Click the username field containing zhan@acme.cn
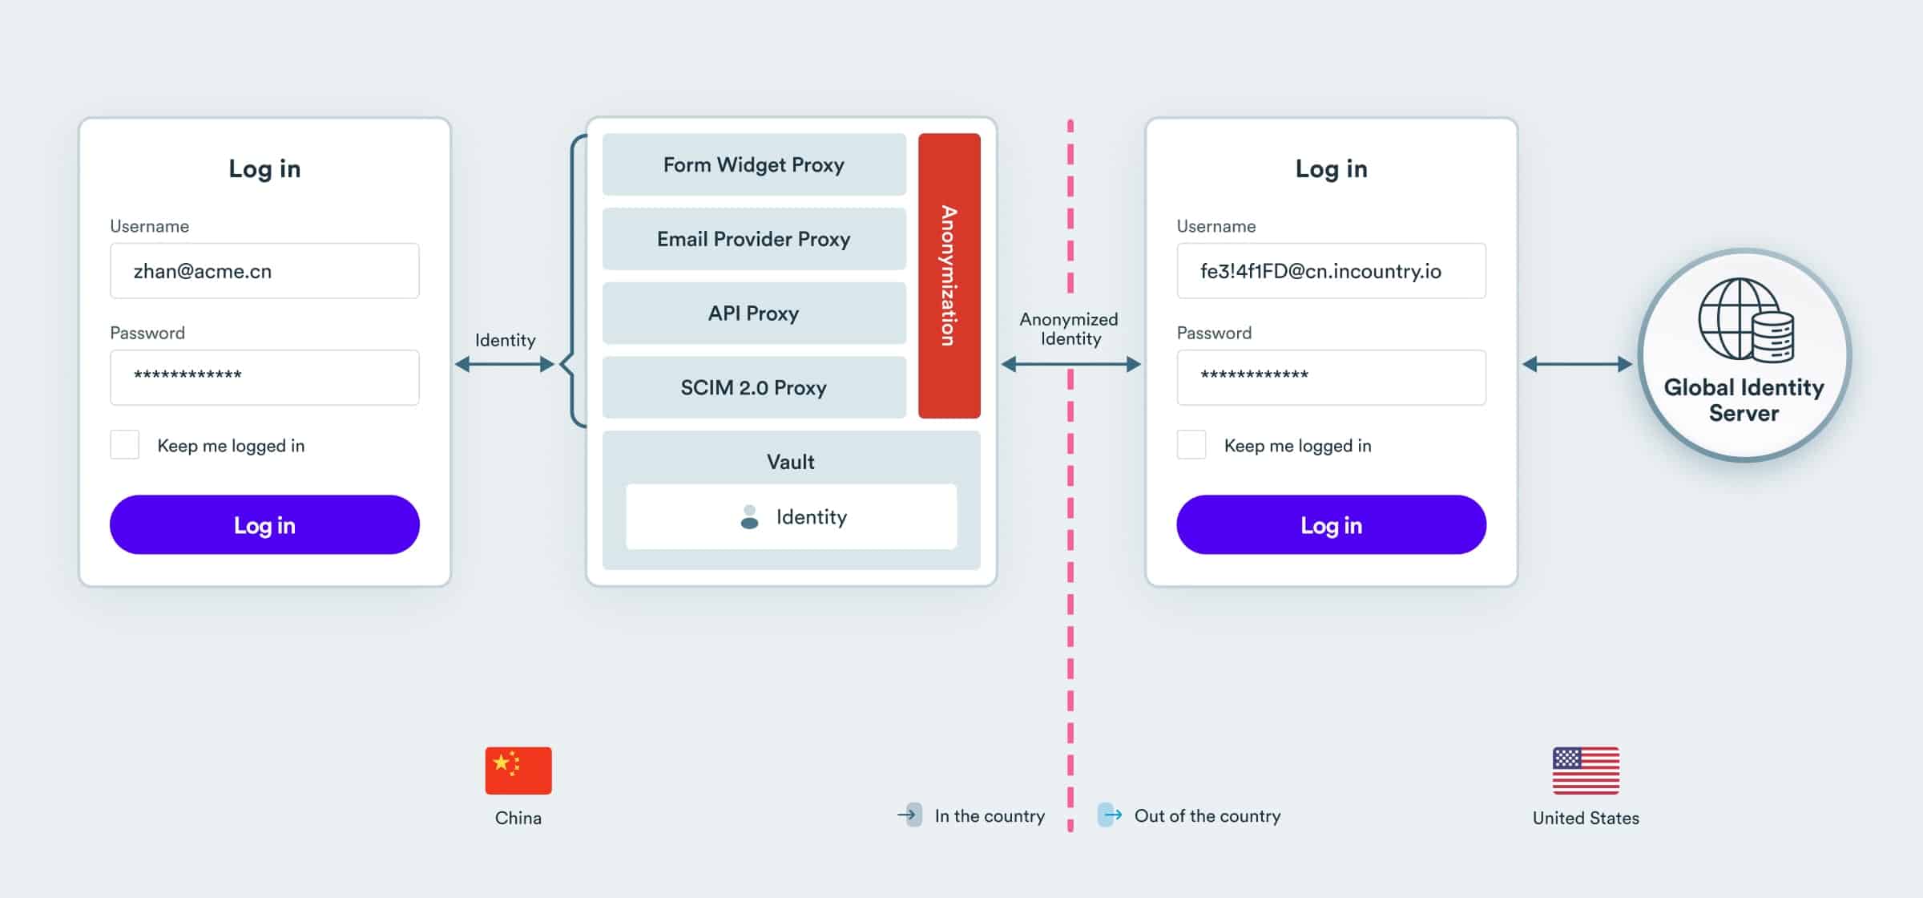coord(264,271)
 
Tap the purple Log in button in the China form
coord(264,525)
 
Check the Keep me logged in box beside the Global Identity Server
coord(1191,445)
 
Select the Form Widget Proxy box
coord(753,164)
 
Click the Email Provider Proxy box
coord(753,239)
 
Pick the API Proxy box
coord(753,313)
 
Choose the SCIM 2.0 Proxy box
coord(753,387)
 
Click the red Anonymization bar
coord(949,275)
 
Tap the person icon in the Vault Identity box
coord(749,517)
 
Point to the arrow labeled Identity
coord(505,365)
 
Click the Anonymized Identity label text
coord(1069,329)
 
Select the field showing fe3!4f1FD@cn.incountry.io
coord(1331,271)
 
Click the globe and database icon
coord(1746,320)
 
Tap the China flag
coord(518,771)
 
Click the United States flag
coord(1586,771)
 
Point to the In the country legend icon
coord(909,815)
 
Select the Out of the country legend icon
coord(1109,815)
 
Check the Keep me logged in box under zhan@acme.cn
coord(124,445)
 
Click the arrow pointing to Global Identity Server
coord(1576,365)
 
